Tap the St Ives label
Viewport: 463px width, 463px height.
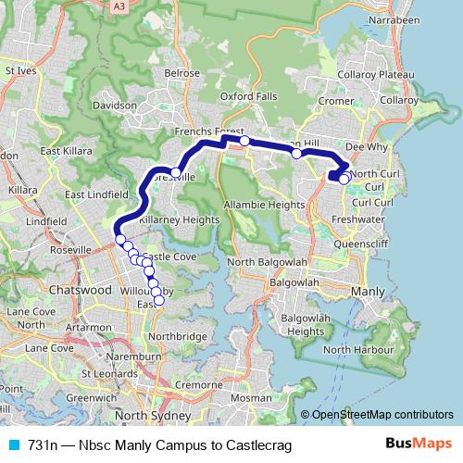(20, 69)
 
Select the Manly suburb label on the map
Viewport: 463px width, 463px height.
(368, 292)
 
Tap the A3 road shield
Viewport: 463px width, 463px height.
(118, 6)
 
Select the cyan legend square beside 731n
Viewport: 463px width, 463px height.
(11, 445)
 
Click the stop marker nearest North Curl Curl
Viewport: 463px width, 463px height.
(344, 179)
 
